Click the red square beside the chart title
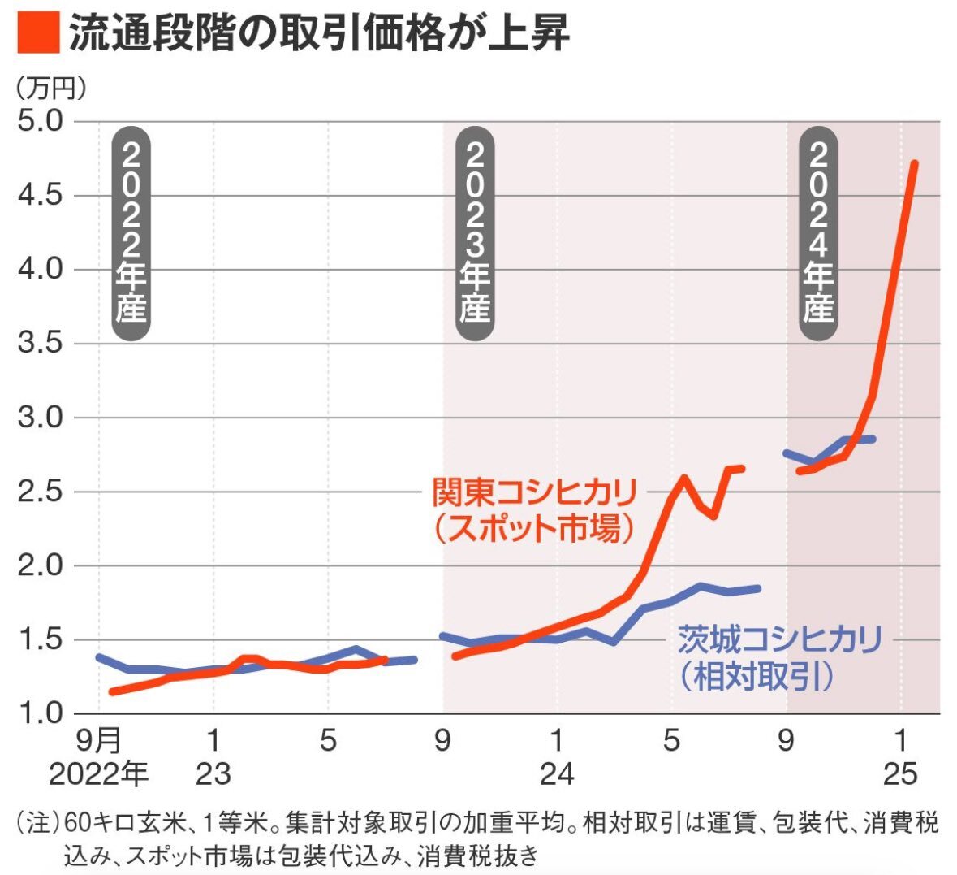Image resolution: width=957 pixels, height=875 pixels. point(38,32)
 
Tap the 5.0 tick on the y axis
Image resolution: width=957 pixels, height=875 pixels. point(40,121)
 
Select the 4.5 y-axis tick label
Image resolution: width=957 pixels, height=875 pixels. point(40,195)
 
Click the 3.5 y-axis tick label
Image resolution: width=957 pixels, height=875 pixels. point(40,343)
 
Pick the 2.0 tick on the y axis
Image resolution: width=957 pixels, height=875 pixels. point(40,565)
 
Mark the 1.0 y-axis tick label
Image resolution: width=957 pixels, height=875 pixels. point(40,713)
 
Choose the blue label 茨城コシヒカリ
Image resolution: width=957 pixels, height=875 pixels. point(780,639)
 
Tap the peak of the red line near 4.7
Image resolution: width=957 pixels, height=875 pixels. point(914,163)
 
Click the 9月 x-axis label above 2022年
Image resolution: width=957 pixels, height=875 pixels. point(98,741)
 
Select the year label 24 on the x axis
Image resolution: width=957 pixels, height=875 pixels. point(557,773)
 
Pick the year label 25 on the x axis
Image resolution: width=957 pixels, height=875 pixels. point(900,773)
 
